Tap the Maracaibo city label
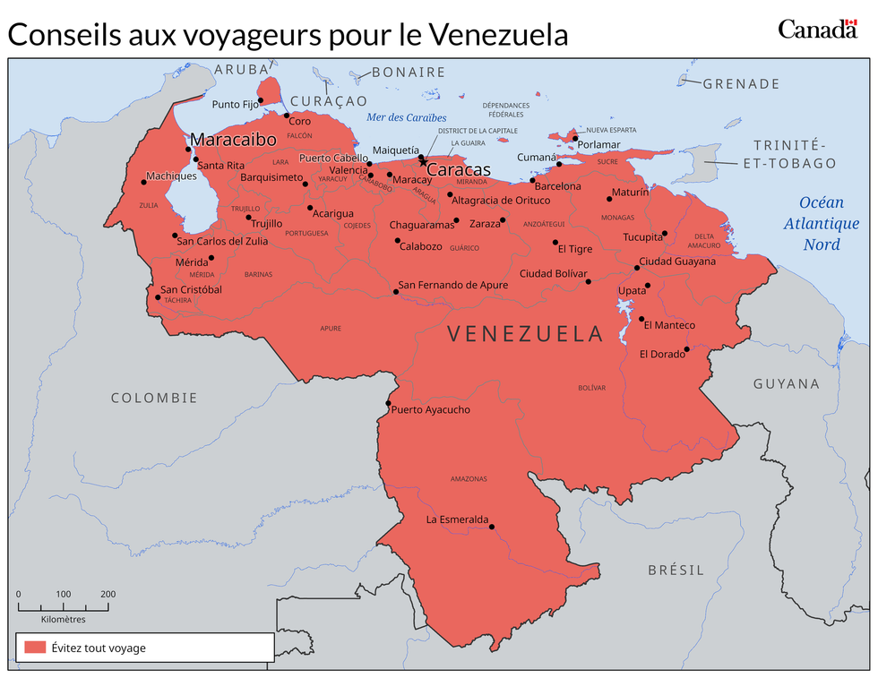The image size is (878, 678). point(233,141)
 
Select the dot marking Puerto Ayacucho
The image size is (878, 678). point(387,404)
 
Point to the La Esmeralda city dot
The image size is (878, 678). point(491,527)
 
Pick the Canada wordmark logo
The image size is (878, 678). point(817,30)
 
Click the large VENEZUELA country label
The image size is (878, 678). point(526,334)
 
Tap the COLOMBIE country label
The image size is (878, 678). point(154,398)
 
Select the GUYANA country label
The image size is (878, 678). point(786,383)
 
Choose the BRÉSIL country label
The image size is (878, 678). point(676,570)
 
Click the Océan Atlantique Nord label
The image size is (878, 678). point(816,223)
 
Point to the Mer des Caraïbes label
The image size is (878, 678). point(406,117)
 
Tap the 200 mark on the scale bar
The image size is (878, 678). point(108,594)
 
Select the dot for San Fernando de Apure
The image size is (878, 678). point(396,292)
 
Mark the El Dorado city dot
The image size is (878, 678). point(687,349)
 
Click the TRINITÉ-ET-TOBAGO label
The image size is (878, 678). point(788,154)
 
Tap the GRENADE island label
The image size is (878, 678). point(741,83)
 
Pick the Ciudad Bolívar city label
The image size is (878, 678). point(553,273)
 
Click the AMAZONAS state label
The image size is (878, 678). point(468,478)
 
